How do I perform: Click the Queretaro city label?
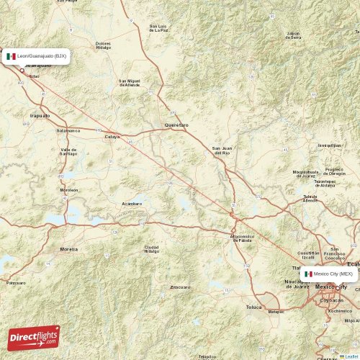click(x=176, y=125)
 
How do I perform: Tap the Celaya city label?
click(x=112, y=135)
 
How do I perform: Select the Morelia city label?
click(x=69, y=249)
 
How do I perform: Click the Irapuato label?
click(x=40, y=115)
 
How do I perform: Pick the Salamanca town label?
click(x=68, y=130)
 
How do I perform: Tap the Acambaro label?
click(x=132, y=204)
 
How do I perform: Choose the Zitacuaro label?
click(x=180, y=287)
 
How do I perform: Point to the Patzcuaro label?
click(x=15, y=283)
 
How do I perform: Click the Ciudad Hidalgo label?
click(x=152, y=248)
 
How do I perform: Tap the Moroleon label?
click(x=69, y=190)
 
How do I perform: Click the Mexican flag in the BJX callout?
click(x=11, y=55)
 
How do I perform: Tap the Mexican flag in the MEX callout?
click(x=308, y=274)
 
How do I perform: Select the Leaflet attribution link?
click(x=351, y=356)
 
